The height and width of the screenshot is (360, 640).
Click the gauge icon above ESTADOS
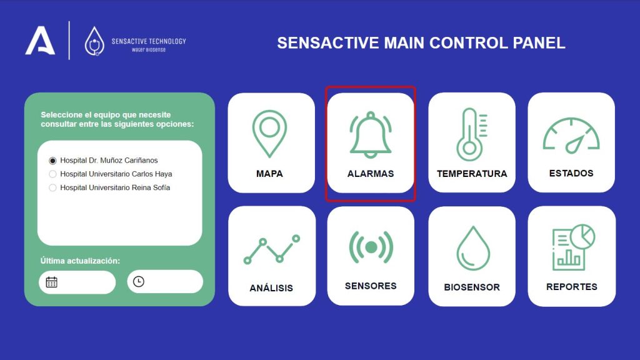(571, 135)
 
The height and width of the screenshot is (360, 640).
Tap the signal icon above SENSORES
(371, 247)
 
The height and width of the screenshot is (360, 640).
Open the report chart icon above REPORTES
(573, 247)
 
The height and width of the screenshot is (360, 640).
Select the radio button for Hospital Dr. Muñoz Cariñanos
(52, 161)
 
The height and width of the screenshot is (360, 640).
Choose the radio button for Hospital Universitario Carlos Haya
(52, 174)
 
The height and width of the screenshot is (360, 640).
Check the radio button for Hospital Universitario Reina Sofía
(52, 187)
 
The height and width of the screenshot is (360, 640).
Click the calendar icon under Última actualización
(51, 282)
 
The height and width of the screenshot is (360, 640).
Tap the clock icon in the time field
(139, 282)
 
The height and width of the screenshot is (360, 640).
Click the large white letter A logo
(40, 41)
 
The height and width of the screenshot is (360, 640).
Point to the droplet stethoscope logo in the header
(94, 41)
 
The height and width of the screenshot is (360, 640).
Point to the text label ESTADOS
(571, 174)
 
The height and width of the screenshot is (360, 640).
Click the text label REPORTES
(572, 287)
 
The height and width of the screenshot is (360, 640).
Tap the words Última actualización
(81, 261)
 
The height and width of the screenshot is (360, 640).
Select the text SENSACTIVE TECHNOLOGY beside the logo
(149, 41)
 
